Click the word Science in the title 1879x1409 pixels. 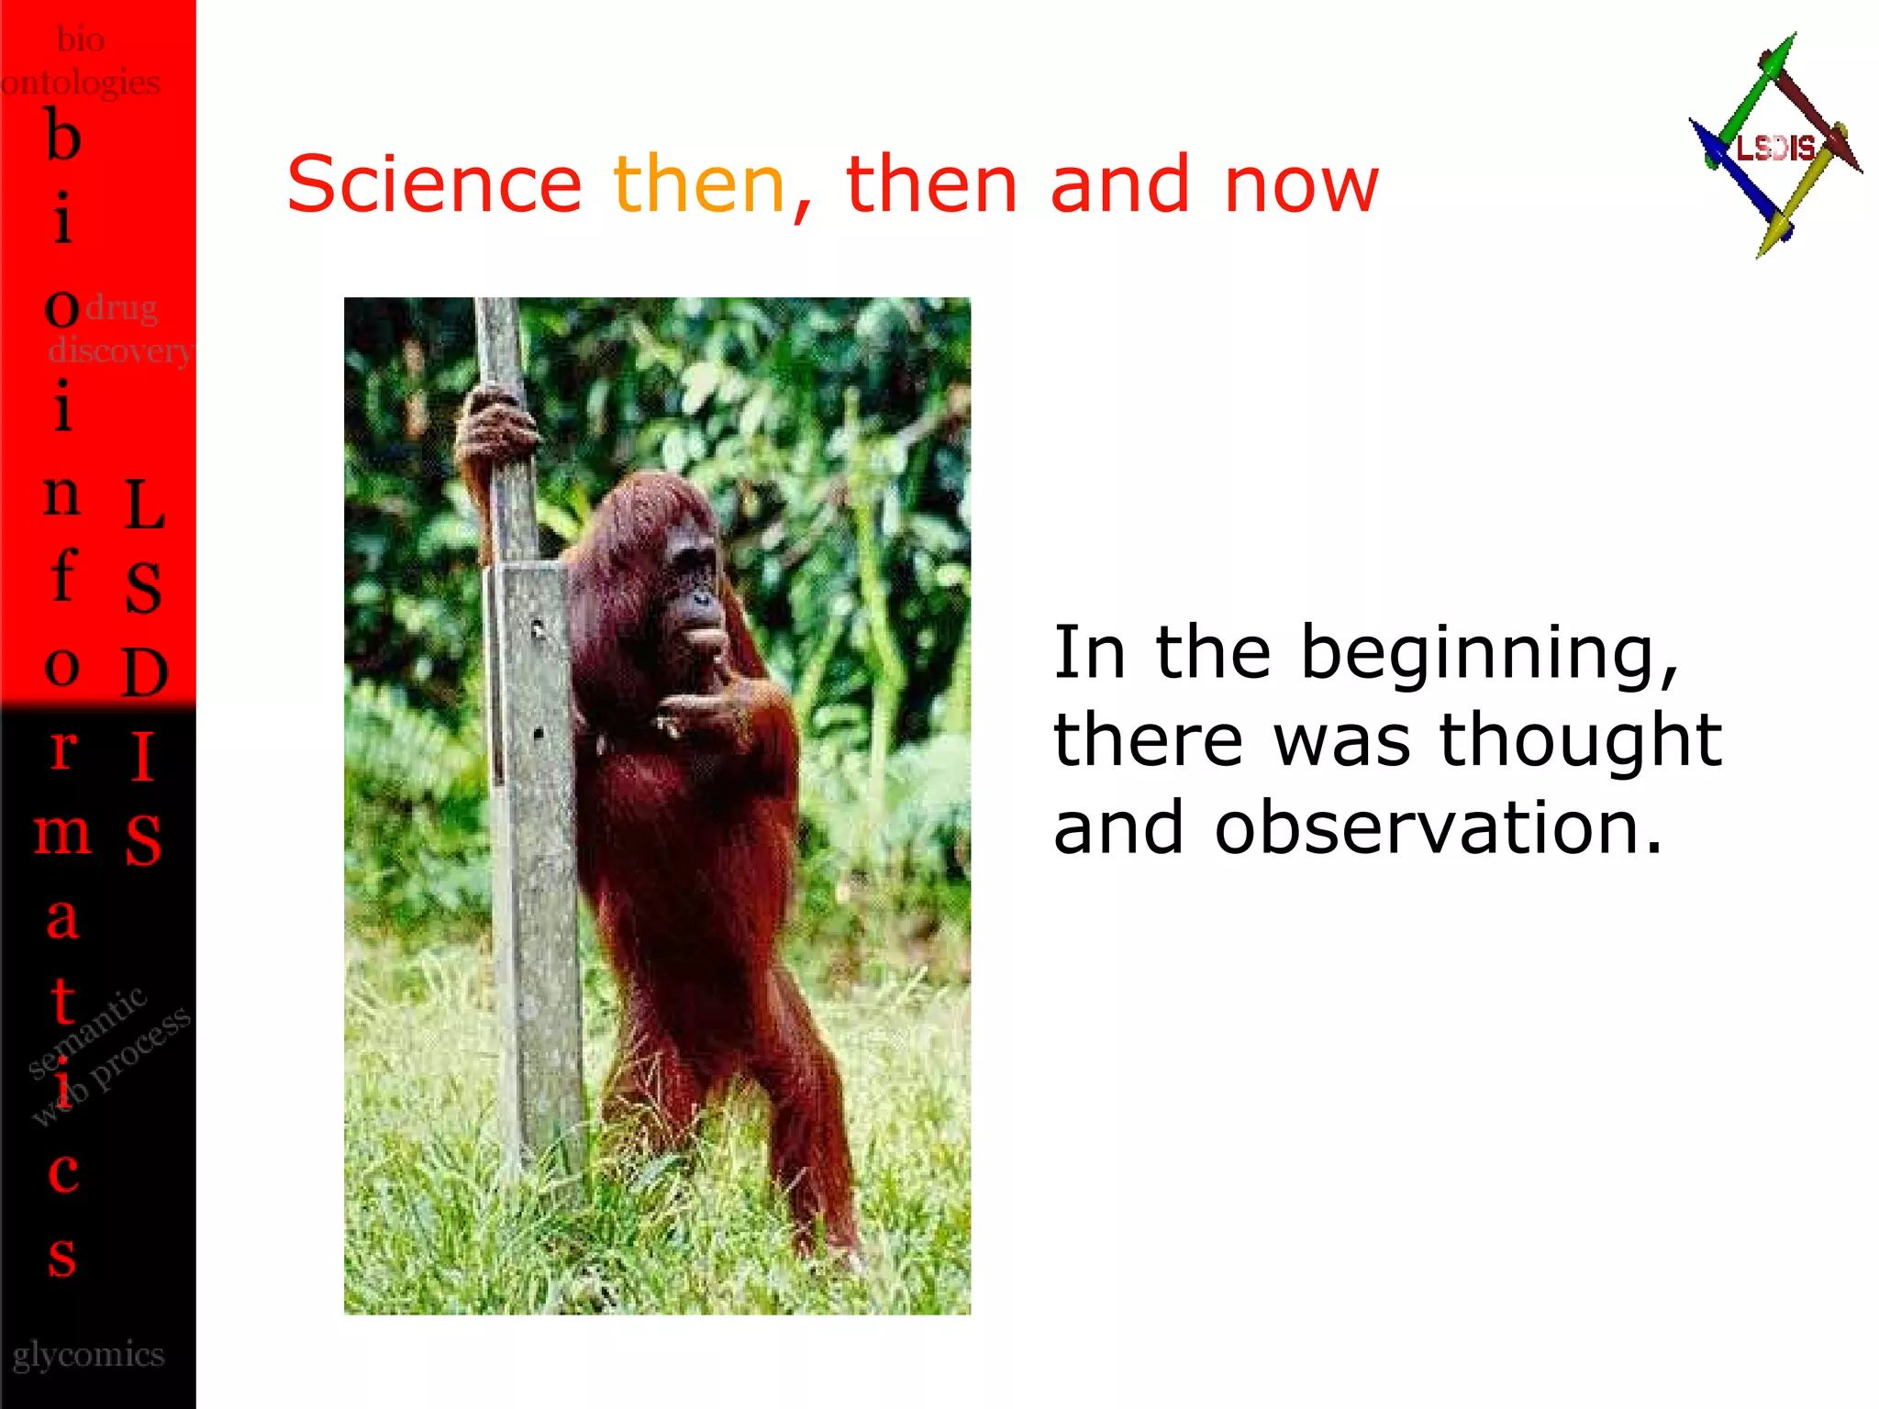pos(434,184)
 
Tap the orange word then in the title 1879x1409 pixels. pos(699,184)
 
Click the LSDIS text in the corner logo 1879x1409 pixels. pos(1775,148)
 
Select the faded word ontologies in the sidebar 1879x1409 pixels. pos(81,83)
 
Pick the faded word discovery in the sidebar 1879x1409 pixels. pos(120,350)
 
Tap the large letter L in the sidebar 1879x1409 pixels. pos(144,505)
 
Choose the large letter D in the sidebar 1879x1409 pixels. pos(145,672)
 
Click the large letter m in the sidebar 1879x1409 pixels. pos(62,833)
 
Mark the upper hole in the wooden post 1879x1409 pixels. pos(538,629)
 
